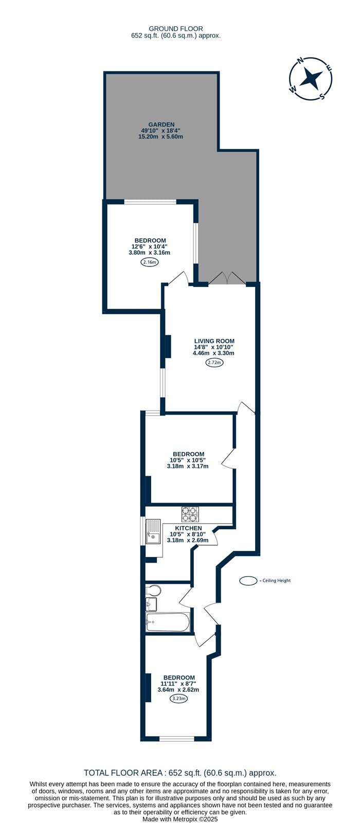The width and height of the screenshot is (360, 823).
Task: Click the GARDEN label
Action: click(161, 124)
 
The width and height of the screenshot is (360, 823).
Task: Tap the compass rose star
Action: click(311, 78)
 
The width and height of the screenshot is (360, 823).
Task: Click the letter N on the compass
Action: click(301, 61)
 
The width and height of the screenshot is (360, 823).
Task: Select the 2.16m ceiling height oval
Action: click(150, 262)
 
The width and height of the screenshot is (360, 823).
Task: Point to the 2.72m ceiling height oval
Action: click(214, 363)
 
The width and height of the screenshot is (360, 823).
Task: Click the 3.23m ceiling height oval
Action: click(178, 699)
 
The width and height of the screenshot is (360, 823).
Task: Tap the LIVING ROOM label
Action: click(214, 341)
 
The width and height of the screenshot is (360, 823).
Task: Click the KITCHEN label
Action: click(188, 528)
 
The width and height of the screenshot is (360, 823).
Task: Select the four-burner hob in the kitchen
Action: click(190, 514)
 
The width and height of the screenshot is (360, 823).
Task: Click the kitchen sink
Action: click(154, 531)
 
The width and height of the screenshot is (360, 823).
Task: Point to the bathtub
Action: click(168, 622)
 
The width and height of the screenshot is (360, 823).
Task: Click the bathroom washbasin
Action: click(151, 604)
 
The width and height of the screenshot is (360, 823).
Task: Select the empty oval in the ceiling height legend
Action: click(248, 581)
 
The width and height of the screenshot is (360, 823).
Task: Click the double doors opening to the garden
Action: click(227, 278)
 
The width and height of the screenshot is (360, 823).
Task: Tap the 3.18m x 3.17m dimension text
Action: click(188, 466)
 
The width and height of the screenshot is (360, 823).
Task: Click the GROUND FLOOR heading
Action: click(176, 29)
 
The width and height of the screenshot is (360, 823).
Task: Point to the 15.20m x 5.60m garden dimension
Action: click(160, 137)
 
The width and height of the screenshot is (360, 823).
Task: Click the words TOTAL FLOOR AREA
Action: click(123, 773)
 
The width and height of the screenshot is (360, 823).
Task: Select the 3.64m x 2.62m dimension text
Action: click(178, 690)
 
